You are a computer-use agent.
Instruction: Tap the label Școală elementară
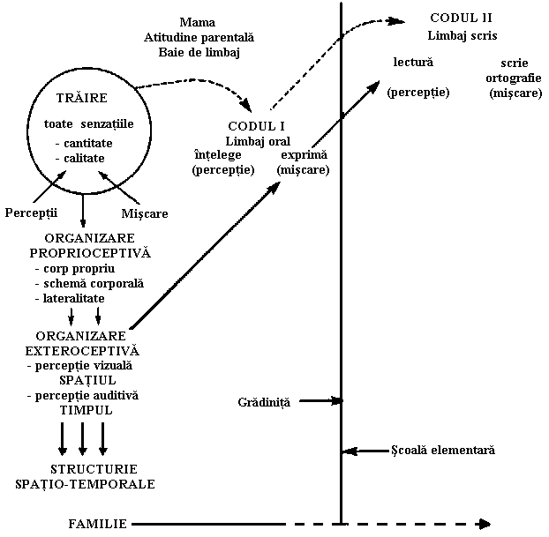pyautogui.click(x=442, y=450)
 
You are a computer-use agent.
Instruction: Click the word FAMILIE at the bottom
pyautogui.click(x=98, y=524)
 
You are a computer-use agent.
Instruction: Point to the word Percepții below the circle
pyautogui.click(x=31, y=213)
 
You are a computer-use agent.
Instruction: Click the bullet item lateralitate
pyautogui.click(x=70, y=299)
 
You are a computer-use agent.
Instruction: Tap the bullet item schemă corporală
pyautogui.click(x=89, y=284)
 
